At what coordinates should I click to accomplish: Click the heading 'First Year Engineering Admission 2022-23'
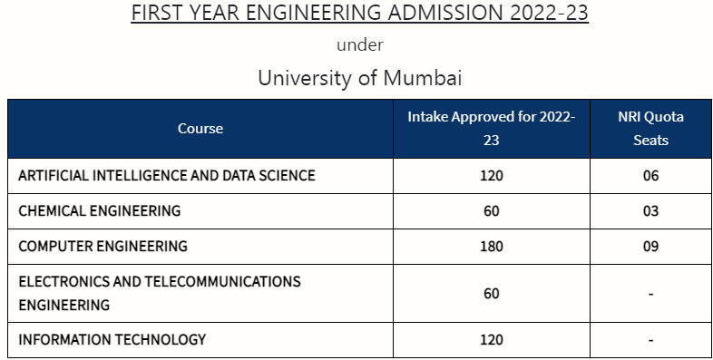[x=360, y=14]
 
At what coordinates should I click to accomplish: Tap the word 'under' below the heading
[x=360, y=44]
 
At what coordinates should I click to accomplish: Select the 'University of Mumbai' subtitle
[x=360, y=78]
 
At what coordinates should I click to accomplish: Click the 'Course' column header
[x=200, y=129]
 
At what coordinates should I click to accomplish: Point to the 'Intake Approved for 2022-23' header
[x=491, y=129]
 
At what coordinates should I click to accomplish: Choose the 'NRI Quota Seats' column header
[x=650, y=129]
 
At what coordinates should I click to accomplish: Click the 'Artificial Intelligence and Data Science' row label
[x=167, y=175]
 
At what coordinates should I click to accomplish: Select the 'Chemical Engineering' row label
[x=100, y=210]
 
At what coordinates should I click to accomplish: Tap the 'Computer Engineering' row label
[x=103, y=246]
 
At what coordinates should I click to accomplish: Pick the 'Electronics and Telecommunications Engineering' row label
[x=160, y=293]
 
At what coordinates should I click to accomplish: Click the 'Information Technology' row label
[x=112, y=340]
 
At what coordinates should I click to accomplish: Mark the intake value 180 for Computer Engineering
[x=491, y=246]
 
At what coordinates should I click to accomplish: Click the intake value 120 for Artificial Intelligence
[x=491, y=175]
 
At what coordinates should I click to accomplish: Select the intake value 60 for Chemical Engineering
[x=491, y=210]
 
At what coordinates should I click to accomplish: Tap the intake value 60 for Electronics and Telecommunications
[x=491, y=293]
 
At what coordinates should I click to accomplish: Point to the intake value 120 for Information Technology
[x=491, y=340]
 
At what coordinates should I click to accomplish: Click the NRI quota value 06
[x=650, y=175]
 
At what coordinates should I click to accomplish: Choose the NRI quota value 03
[x=650, y=210]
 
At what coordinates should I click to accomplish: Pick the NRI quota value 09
[x=650, y=246]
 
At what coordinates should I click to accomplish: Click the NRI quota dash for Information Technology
[x=650, y=340]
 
